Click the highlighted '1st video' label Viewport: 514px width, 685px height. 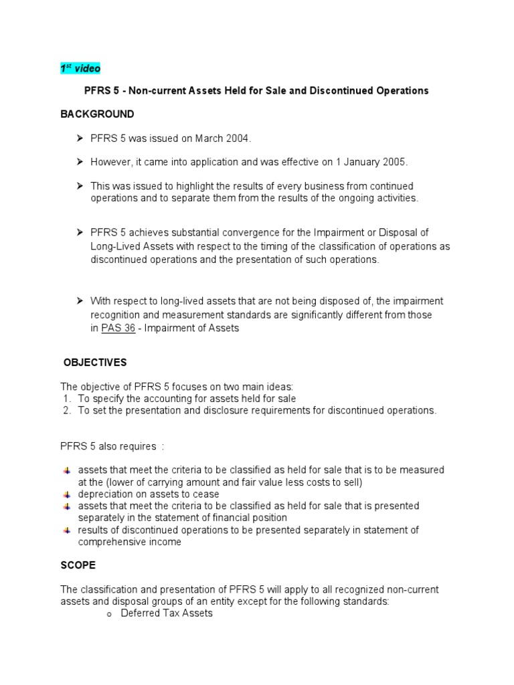[80, 69]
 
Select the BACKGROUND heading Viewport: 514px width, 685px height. [97, 114]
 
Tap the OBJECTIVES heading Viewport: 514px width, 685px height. [95, 363]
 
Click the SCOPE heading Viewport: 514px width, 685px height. [78, 565]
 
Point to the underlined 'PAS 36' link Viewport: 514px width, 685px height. [118, 328]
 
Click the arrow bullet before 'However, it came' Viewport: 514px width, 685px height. [79, 162]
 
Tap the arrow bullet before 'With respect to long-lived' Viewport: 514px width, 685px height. [79, 302]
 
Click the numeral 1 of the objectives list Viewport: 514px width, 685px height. [66, 399]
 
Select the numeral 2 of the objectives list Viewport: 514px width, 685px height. [66, 411]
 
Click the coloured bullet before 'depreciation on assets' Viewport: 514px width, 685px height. [67, 494]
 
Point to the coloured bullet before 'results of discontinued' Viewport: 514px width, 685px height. [67, 530]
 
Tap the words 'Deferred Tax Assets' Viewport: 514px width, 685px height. [167, 613]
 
